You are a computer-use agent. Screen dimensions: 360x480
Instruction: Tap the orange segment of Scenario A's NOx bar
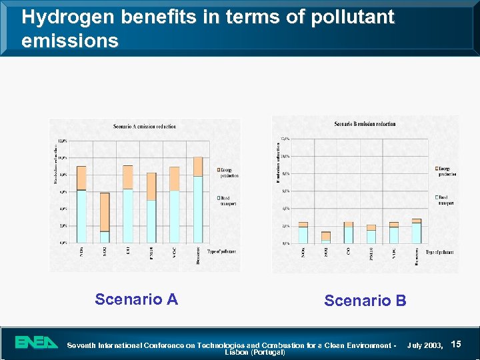click(x=81, y=178)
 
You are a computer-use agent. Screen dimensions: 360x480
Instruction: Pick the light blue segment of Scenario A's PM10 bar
click(x=151, y=221)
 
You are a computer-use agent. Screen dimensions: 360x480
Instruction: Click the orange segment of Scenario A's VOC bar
click(x=174, y=179)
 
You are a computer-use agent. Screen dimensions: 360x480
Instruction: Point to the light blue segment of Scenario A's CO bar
click(x=128, y=216)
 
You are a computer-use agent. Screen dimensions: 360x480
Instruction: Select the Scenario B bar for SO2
click(x=326, y=237)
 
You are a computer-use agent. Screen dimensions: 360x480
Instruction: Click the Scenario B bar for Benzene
click(x=417, y=231)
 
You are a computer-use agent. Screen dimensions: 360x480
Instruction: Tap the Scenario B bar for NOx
click(x=303, y=233)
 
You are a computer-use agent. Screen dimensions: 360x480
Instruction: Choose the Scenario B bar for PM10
click(x=371, y=234)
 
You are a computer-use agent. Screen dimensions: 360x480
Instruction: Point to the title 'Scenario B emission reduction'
click(x=365, y=124)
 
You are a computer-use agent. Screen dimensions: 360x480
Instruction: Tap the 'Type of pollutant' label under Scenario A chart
click(x=221, y=251)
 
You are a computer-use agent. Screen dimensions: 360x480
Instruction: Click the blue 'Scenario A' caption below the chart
click(x=136, y=299)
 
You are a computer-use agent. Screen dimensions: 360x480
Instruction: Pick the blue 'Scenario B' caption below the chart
click(x=365, y=301)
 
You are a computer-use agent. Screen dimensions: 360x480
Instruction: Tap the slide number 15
click(x=456, y=343)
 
